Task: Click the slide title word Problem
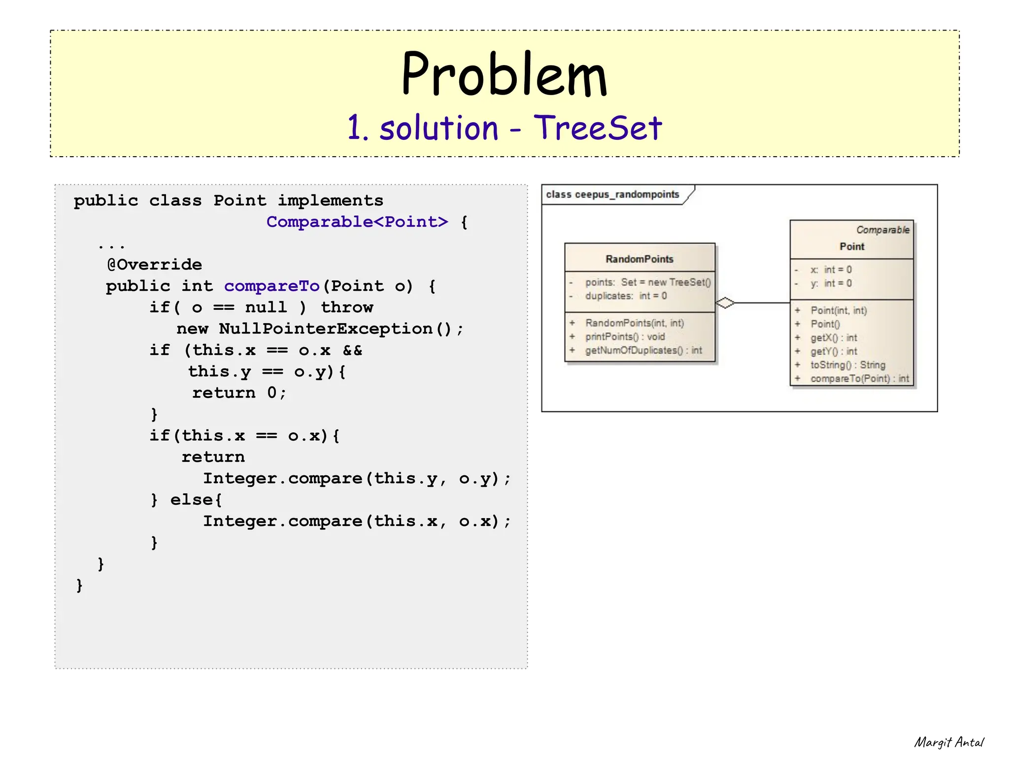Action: click(504, 75)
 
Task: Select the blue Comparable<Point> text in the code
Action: click(357, 222)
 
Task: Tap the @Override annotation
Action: click(154, 265)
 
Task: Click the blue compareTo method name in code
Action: click(271, 286)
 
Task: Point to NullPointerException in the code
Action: click(326, 329)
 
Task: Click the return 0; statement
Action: click(239, 393)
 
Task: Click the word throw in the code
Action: click(347, 308)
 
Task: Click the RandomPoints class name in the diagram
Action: click(639, 259)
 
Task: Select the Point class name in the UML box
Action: click(851, 247)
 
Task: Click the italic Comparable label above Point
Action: click(882, 230)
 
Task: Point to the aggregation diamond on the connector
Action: click(725, 303)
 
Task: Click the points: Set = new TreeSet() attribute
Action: click(647, 282)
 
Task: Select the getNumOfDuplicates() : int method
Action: click(643, 350)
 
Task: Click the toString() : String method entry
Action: click(847, 365)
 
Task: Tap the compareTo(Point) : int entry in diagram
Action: click(859, 379)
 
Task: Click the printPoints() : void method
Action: click(625, 337)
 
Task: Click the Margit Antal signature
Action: click(948, 742)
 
